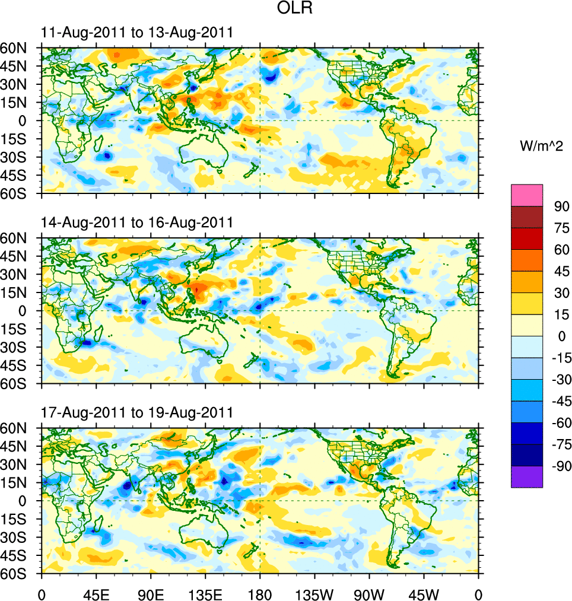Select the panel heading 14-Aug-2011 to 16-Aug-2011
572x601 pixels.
click(136, 222)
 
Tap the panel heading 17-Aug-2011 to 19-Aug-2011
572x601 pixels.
click(136, 412)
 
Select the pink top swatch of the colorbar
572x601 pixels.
click(527, 195)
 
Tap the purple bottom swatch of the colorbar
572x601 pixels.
click(527, 476)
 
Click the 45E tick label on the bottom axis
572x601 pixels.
click(96, 593)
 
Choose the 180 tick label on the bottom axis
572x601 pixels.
click(260, 593)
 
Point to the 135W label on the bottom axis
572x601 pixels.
click(314, 593)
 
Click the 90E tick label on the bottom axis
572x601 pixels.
click(151, 593)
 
